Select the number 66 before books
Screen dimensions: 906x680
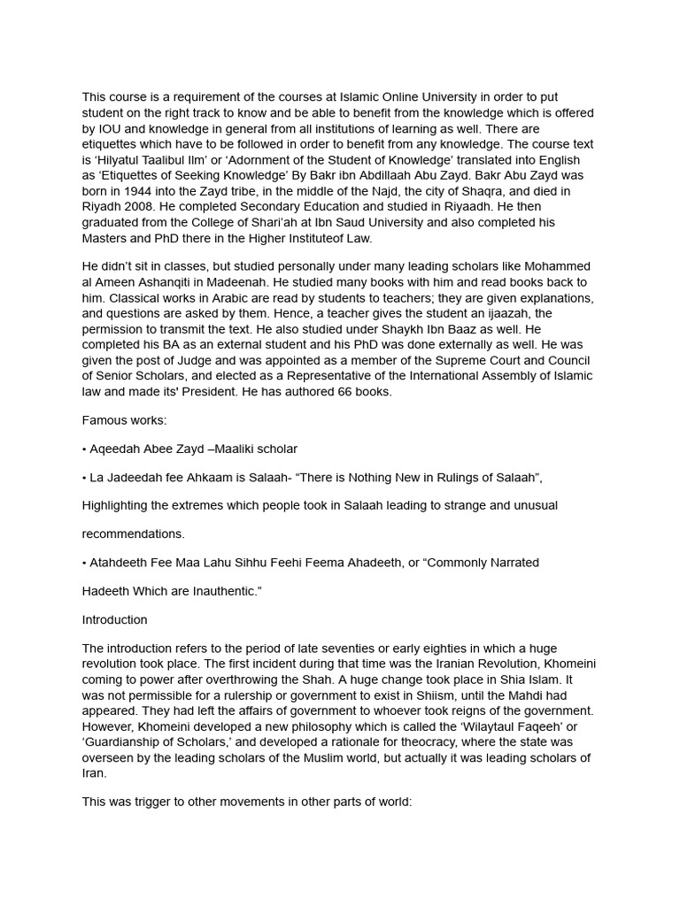[321, 392]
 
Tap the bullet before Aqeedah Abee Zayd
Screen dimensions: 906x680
[85, 449]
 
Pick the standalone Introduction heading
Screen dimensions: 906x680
[115, 619]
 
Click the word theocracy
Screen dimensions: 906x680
[464, 742]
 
